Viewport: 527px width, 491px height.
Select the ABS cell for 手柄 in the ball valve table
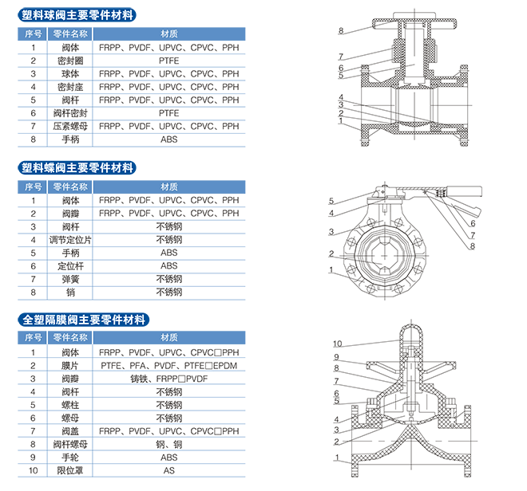[168, 139]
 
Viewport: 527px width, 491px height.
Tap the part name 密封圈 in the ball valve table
[70, 61]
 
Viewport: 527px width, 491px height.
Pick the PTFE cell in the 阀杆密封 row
[168, 113]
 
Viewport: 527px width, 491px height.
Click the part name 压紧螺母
[70, 127]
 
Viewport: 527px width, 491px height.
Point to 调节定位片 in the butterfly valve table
[70, 239]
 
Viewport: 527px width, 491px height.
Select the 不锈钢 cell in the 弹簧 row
[168, 279]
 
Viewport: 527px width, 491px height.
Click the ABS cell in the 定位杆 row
[168, 265]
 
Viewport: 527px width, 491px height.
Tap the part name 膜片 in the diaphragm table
[70, 365]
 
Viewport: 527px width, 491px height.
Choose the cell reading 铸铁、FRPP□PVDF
[168, 379]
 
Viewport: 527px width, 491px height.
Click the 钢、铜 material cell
[168, 445]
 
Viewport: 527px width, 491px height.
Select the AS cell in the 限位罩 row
[168, 471]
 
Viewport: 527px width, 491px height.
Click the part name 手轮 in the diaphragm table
[70, 458]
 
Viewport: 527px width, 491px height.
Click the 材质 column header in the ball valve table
[168, 33]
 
